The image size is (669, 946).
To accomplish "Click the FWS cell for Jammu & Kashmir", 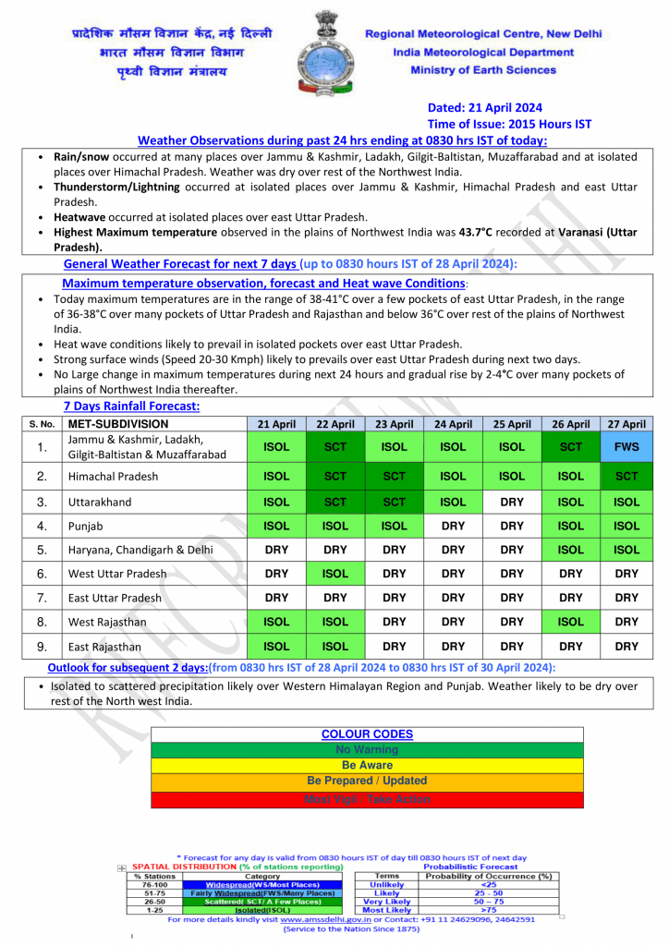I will [x=626, y=447].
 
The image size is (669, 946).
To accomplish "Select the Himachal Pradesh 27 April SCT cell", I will [x=626, y=477].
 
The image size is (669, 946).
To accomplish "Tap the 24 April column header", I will [x=453, y=424].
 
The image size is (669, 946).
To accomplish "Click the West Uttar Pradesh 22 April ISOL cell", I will [x=335, y=574].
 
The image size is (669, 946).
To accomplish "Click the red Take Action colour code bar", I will [x=367, y=800].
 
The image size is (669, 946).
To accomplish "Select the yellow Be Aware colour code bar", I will [x=367, y=766].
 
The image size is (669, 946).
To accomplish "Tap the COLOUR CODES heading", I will [x=367, y=734].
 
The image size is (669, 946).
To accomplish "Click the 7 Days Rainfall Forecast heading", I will [x=131, y=406].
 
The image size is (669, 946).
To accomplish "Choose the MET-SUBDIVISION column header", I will [x=117, y=424].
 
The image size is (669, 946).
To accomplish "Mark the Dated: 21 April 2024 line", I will [x=484, y=107].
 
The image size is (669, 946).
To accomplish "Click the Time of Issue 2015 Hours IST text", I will [x=509, y=124].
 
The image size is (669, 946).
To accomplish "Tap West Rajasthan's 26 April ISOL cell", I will [x=571, y=622].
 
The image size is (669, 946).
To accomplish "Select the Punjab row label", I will [x=88, y=526].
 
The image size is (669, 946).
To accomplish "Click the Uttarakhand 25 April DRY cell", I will [x=512, y=502].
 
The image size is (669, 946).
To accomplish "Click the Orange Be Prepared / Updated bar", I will [x=367, y=782].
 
